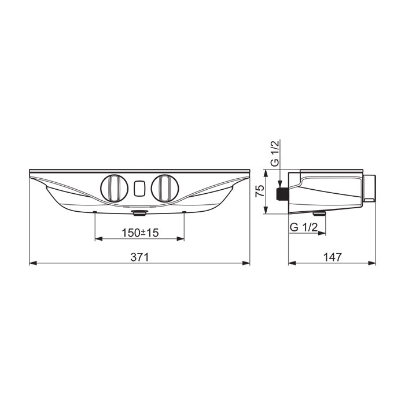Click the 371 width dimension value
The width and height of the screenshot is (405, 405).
[139, 257]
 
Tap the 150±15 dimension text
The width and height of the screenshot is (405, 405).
[140, 233]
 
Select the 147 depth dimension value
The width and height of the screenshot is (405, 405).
[333, 257]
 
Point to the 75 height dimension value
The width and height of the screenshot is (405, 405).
[260, 191]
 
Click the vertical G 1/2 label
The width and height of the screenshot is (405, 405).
[275, 153]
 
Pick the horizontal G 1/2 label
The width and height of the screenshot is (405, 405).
[304, 227]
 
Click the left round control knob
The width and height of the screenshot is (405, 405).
[114, 188]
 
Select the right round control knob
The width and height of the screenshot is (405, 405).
[166, 188]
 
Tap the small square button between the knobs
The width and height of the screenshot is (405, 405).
[140, 188]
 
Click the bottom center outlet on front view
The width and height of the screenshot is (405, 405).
[139, 212]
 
